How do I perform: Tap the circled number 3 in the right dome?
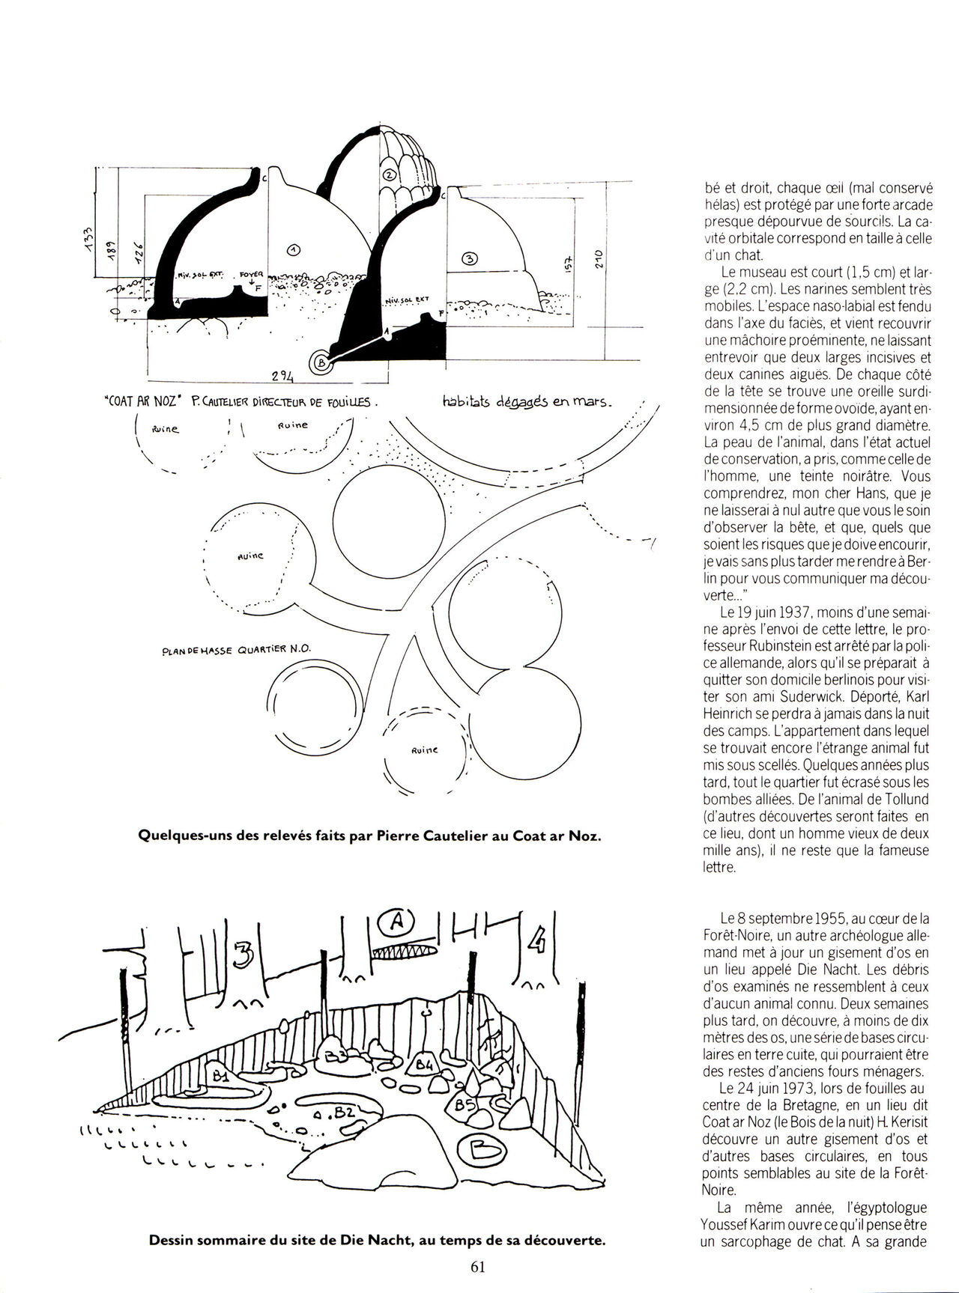coord(470,259)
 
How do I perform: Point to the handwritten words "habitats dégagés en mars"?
coord(527,403)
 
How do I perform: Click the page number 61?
coord(479,1267)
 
